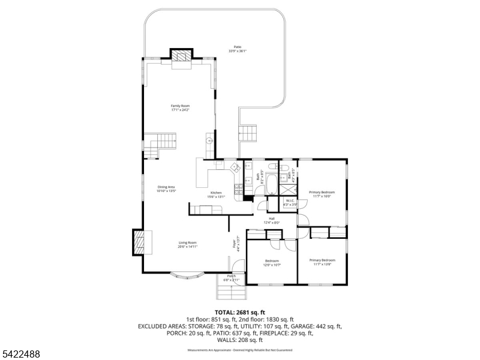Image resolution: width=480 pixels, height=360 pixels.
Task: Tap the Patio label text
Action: click(237, 49)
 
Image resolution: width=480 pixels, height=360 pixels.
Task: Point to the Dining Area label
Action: click(166, 188)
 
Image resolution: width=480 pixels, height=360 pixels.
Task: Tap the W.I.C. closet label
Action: click(290, 202)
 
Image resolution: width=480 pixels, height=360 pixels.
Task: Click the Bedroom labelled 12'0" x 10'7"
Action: click(272, 262)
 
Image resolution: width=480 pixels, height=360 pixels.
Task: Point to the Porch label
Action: click(231, 278)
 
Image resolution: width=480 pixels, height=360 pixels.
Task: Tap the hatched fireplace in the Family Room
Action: click(182, 56)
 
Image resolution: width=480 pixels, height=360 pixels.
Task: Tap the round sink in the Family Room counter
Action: click(209, 141)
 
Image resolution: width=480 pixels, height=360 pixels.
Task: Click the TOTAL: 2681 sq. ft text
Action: click(239, 312)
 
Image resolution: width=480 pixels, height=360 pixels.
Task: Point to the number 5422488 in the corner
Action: click(20, 354)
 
